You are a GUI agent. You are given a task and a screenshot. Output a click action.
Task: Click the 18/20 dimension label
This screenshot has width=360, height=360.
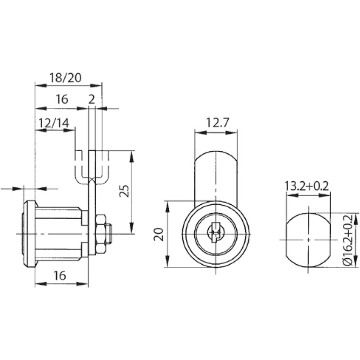pyautogui.click(x=66, y=78)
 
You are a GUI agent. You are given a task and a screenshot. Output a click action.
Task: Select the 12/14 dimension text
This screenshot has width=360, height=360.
pyautogui.click(x=54, y=123)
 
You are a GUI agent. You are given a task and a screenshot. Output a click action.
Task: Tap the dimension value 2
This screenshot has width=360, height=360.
pyautogui.click(x=92, y=99)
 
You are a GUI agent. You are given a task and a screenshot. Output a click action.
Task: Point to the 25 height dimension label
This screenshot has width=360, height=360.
pyautogui.click(x=124, y=191)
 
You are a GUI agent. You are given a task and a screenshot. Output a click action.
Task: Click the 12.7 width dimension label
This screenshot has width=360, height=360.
pyautogui.click(x=217, y=122)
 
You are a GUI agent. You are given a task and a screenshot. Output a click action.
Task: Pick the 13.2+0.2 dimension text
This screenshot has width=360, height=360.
pyautogui.click(x=307, y=186)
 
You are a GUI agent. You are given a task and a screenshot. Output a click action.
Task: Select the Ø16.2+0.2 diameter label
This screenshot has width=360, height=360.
pyautogui.click(x=348, y=240)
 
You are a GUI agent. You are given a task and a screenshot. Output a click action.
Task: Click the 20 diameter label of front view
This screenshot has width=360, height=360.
pyautogui.click(x=159, y=234)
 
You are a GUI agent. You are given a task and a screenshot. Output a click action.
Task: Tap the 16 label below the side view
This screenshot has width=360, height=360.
pyautogui.click(x=60, y=275)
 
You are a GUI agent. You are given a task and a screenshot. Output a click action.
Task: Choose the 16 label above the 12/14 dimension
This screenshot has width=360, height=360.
pyautogui.click(x=62, y=99)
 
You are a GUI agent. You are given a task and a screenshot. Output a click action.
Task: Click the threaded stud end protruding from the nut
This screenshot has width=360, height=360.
pyautogui.click(x=109, y=234)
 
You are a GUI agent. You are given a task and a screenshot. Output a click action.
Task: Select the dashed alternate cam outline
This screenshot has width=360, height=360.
pyautogui.click(x=92, y=167)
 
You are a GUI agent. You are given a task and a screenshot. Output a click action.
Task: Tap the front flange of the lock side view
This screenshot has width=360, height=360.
pyautogui.click(x=30, y=234)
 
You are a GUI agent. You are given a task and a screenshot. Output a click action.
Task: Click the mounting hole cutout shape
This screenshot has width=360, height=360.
pyautogui.click(x=308, y=240)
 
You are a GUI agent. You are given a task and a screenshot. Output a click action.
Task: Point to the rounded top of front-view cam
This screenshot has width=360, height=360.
pyautogui.click(x=216, y=153)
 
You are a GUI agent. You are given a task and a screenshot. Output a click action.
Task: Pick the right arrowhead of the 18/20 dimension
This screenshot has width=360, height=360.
pyautogui.click(x=96, y=85)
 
